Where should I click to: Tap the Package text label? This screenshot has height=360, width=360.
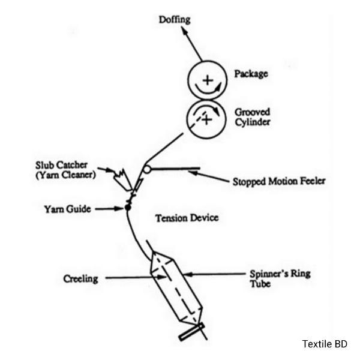[x=251, y=74]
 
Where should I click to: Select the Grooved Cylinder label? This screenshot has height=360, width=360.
[x=252, y=116]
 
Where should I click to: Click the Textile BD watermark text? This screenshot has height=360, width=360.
[x=325, y=344]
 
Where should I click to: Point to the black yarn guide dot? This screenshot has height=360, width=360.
[x=127, y=208]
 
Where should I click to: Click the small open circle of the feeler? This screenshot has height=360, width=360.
[x=147, y=170]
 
